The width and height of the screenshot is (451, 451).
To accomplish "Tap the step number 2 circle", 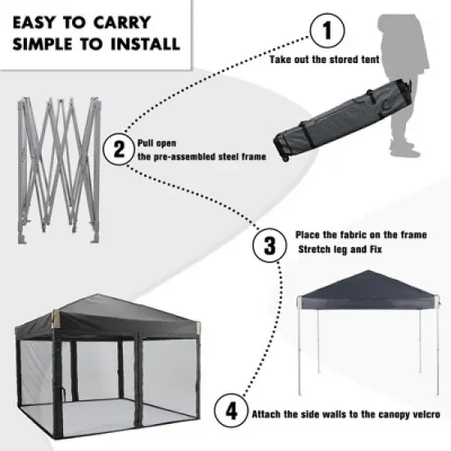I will coord(120,148).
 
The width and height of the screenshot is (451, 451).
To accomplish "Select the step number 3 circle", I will coord(268,245).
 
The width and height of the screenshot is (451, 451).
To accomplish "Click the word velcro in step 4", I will coord(425,414).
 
